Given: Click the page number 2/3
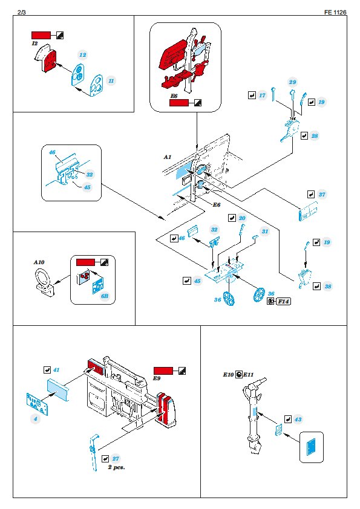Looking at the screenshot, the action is [22, 12].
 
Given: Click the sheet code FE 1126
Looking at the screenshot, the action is [335, 12].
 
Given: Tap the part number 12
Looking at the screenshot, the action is [83, 55].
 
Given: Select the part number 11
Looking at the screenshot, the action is [111, 81].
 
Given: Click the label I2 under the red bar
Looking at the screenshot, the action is [34, 44].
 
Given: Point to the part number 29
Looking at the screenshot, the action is [292, 82].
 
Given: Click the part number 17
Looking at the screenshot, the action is [262, 96].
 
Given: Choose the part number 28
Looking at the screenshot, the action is [315, 135].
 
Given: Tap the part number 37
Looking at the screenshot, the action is [322, 195].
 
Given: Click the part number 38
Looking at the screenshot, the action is [328, 287].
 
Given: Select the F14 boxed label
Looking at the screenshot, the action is [283, 302].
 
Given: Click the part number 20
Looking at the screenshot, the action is [242, 218].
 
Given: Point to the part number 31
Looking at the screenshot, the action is [265, 231].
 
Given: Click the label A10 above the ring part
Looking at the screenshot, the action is [39, 262].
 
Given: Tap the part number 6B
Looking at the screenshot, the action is [104, 296].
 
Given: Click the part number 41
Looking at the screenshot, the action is [56, 370].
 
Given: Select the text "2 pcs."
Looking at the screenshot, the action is [117, 467].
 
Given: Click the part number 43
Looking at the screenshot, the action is [298, 420].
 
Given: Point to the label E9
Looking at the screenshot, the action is [157, 378].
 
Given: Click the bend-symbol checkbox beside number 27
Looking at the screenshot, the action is [105, 459].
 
